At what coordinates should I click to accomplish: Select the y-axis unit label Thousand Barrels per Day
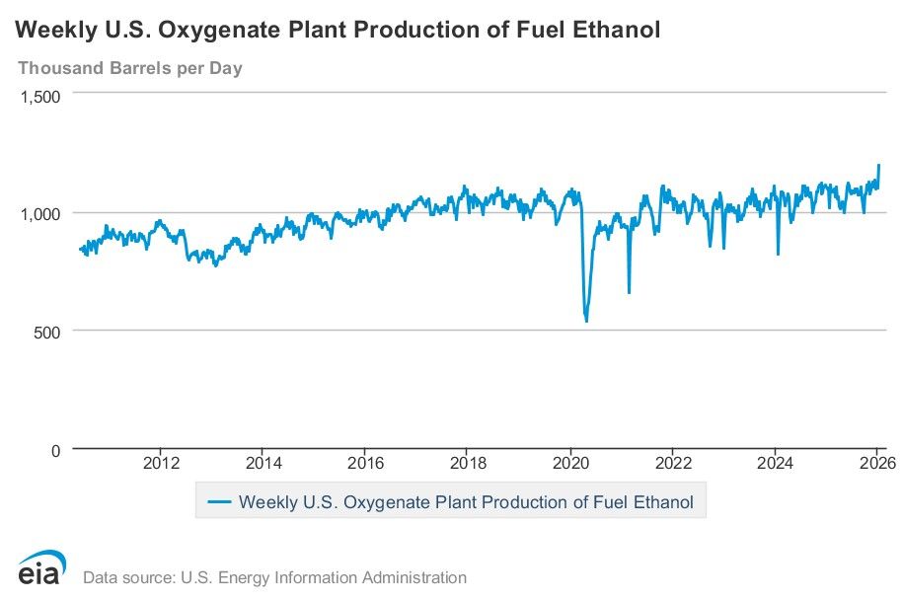(x=130, y=68)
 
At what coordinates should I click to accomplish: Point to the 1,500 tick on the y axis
(x=40, y=96)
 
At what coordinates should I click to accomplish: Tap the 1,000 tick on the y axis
(x=40, y=213)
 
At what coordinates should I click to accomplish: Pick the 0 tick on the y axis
(x=55, y=450)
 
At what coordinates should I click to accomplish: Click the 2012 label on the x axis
(x=161, y=464)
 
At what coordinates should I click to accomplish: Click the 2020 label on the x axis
(x=570, y=464)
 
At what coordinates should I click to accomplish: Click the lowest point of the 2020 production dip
(x=586, y=321)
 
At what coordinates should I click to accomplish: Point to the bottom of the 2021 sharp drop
(x=629, y=292)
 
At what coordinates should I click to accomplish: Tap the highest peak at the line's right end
(x=878, y=165)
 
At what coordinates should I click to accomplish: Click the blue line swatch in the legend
(x=220, y=502)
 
